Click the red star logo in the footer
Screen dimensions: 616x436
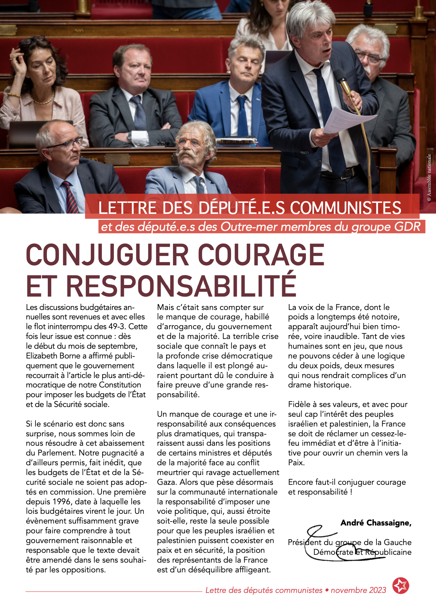pyautogui.click(x=401, y=586)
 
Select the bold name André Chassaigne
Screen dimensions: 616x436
pyautogui.click(x=376, y=523)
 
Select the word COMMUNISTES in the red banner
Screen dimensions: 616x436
pyautogui.click(x=346, y=208)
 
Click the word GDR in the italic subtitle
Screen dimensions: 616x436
pyautogui.click(x=408, y=227)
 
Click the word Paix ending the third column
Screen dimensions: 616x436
pyautogui.click(x=295, y=463)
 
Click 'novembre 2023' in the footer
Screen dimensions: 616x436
pyautogui.click(x=358, y=590)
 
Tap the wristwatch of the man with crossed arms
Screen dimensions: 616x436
pyautogui.click(x=129, y=137)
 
